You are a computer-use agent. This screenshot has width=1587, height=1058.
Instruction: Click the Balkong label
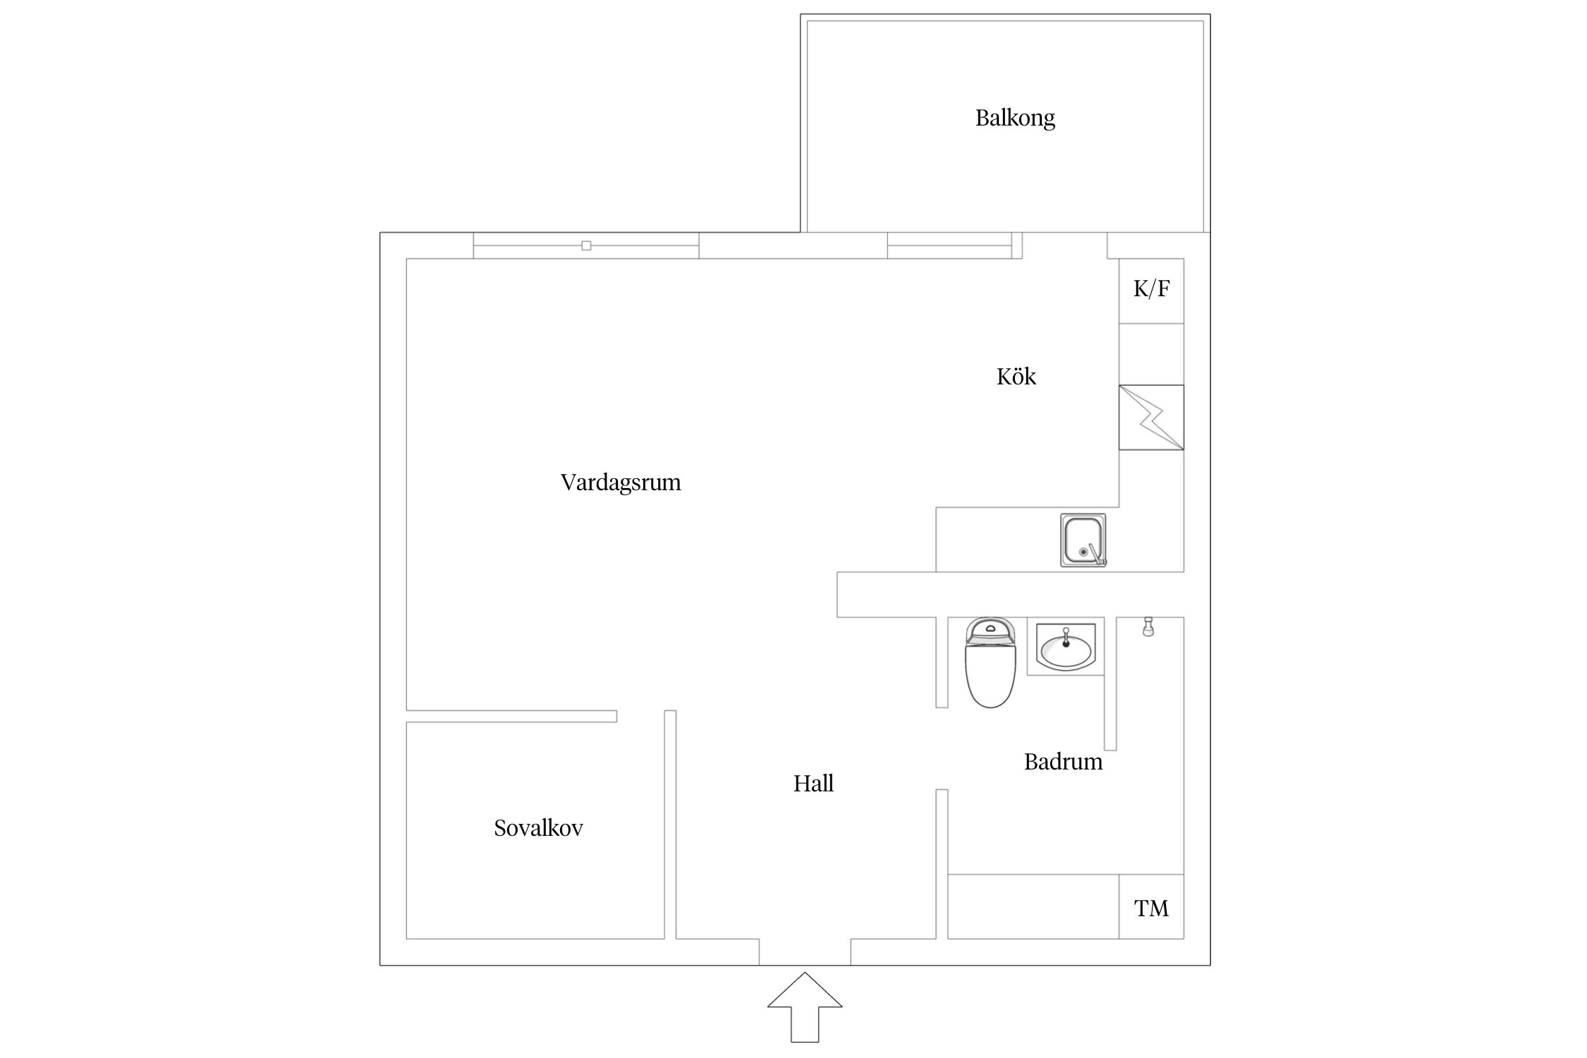tap(1014, 118)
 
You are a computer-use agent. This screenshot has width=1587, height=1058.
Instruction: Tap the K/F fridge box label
tap(1151, 289)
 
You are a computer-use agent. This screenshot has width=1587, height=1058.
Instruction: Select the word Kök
tap(1016, 377)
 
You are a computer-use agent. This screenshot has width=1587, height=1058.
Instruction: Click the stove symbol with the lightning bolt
tap(1151, 418)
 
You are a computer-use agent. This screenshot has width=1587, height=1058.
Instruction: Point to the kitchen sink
tap(1082, 540)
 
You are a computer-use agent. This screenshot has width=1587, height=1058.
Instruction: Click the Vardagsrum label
tap(621, 482)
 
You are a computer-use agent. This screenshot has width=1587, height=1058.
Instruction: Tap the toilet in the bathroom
tap(990, 670)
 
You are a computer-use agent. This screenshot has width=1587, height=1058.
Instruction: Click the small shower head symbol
tap(1148, 626)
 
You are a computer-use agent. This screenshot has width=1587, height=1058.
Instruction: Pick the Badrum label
tap(1063, 762)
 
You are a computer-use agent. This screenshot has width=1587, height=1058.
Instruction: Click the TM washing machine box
tap(1151, 908)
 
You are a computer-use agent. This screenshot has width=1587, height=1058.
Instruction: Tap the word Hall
tap(813, 784)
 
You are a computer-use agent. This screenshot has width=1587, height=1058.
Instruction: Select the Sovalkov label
tap(538, 828)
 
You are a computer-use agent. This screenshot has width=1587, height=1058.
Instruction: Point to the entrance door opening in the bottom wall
tap(805, 952)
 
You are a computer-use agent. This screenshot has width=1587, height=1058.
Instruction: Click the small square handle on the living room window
tap(586, 245)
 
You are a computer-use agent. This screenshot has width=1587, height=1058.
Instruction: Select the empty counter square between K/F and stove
tap(1151, 354)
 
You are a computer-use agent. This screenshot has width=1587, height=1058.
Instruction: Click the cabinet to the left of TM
tap(1033, 906)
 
